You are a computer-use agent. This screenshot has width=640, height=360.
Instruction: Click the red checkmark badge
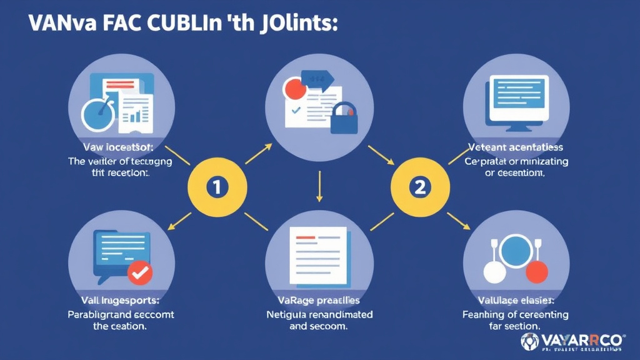tap(139, 273)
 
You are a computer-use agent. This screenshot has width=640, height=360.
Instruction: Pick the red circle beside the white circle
tap(536, 272)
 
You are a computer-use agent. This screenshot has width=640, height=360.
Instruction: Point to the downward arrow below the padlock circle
tap(319, 187)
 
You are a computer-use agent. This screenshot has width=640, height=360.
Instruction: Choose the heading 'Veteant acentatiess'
tap(516, 147)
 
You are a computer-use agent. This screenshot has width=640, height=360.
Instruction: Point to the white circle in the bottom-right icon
tap(494, 272)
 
